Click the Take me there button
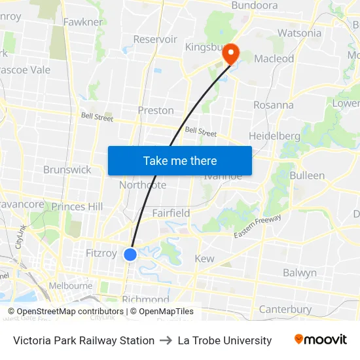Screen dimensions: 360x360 point(180,160)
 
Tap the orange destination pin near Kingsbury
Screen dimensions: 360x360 point(230,54)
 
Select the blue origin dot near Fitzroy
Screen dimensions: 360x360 point(130,254)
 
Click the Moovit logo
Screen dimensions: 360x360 point(320,340)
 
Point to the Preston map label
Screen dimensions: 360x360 point(156,111)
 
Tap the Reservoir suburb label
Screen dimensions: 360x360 point(155,39)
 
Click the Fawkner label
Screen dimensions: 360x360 point(83,22)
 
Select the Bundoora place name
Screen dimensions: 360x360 point(255,6)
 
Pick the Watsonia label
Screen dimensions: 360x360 point(299,33)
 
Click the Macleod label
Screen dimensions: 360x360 point(274,59)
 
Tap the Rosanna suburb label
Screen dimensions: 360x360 point(273,105)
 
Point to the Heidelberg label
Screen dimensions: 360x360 point(274,136)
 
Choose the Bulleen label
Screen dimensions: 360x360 point(307,175)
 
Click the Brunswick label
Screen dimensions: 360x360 point(67,170)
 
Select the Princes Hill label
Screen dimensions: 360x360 point(77,207)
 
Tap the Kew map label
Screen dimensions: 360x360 point(204,259)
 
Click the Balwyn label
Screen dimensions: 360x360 point(300,273)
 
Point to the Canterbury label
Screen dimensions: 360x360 point(285,309)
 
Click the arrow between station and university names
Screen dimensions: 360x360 point(166,340)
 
